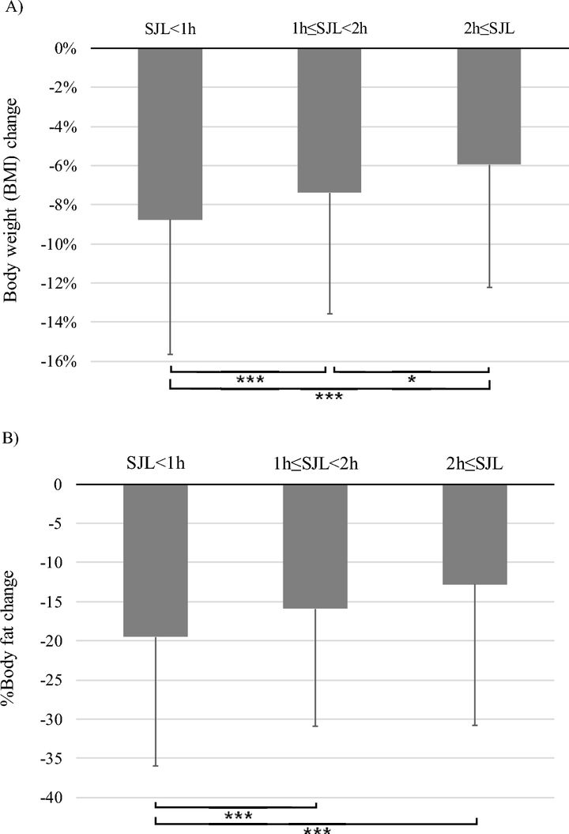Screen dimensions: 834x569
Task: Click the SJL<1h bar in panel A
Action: point(170,134)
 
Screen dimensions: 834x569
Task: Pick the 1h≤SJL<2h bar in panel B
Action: point(315,545)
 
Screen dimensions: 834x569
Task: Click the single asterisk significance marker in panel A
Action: point(411,381)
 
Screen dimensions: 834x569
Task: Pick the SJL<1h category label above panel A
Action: point(170,30)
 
